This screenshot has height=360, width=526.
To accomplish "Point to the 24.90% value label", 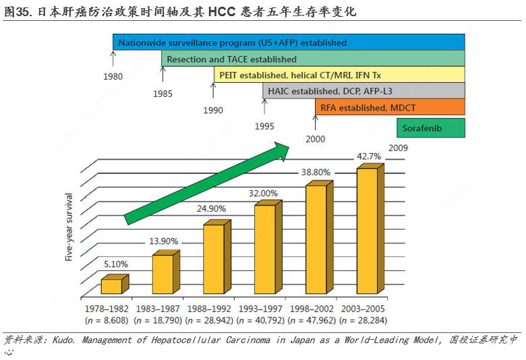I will tap(211, 209).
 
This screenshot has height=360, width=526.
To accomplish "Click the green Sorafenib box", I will tap(430, 127).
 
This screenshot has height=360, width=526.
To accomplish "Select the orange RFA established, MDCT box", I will tap(389, 108).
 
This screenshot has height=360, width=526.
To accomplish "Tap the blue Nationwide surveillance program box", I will tap(288, 42).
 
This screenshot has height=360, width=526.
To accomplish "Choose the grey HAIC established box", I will tap(363, 91).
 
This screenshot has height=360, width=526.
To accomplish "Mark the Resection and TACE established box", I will tap(313, 59).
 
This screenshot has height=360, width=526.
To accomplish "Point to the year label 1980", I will tap(113, 76).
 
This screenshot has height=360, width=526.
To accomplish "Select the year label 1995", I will tap(264, 126).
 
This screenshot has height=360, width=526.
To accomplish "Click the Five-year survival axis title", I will tap(68, 227).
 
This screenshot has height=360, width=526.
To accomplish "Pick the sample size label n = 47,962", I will tap(312, 320).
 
